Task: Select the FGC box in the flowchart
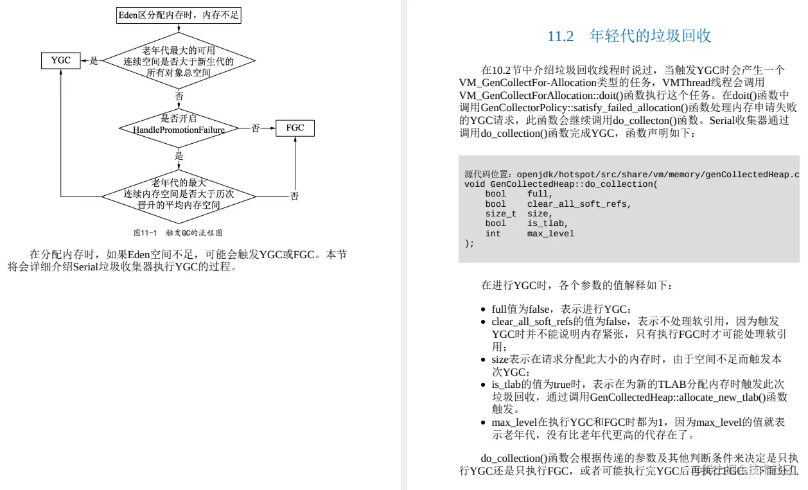(x=295, y=128)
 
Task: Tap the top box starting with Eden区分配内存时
(x=179, y=15)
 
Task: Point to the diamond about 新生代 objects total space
(x=179, y=62)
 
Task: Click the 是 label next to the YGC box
(x=94, y=61)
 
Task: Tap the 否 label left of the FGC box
(x=256, y=128)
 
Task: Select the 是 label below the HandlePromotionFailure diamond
(x=179, y=156)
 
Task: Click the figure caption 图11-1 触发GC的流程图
(x=177, y=232)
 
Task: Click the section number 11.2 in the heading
(x=560, y=36)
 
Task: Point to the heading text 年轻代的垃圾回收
(x=650, y=36)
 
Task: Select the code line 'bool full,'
(x=518, y=194)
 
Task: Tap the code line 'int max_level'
(x=529, y=234)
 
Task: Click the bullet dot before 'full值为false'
(x=486, y=310)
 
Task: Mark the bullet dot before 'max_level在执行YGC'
(x=486, y=423)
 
